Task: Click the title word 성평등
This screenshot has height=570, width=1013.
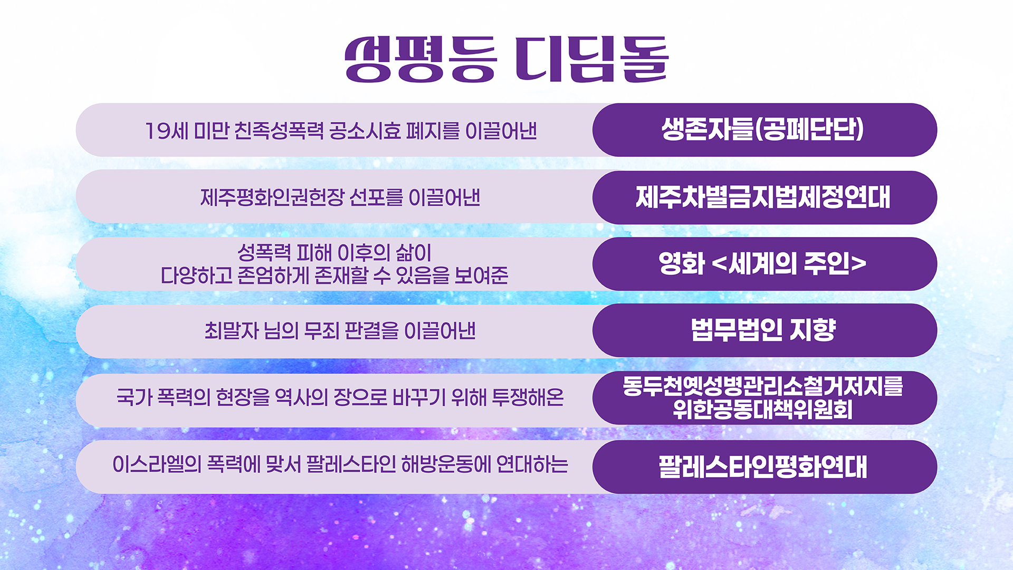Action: pos(421,59)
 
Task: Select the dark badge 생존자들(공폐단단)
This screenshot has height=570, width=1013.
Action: pos(763,130)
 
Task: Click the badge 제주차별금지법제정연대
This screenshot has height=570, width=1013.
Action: pos(763,197)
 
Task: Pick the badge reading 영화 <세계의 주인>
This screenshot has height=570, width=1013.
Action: pos(763,263)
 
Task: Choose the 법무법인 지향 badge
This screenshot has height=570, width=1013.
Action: pos(763,330)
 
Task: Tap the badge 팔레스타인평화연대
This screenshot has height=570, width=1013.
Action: pos(763,467)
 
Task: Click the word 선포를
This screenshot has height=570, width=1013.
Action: pos(376,198)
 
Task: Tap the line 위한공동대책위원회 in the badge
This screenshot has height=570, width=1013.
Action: pos(763,410)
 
